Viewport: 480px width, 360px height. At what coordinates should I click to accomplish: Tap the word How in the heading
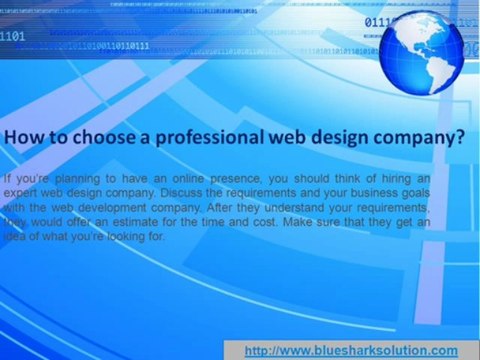pos(27,140)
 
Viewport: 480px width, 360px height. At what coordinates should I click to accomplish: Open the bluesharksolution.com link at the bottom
pos(351,350)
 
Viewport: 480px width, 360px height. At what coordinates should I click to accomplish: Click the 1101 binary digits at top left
pos(13,37)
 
